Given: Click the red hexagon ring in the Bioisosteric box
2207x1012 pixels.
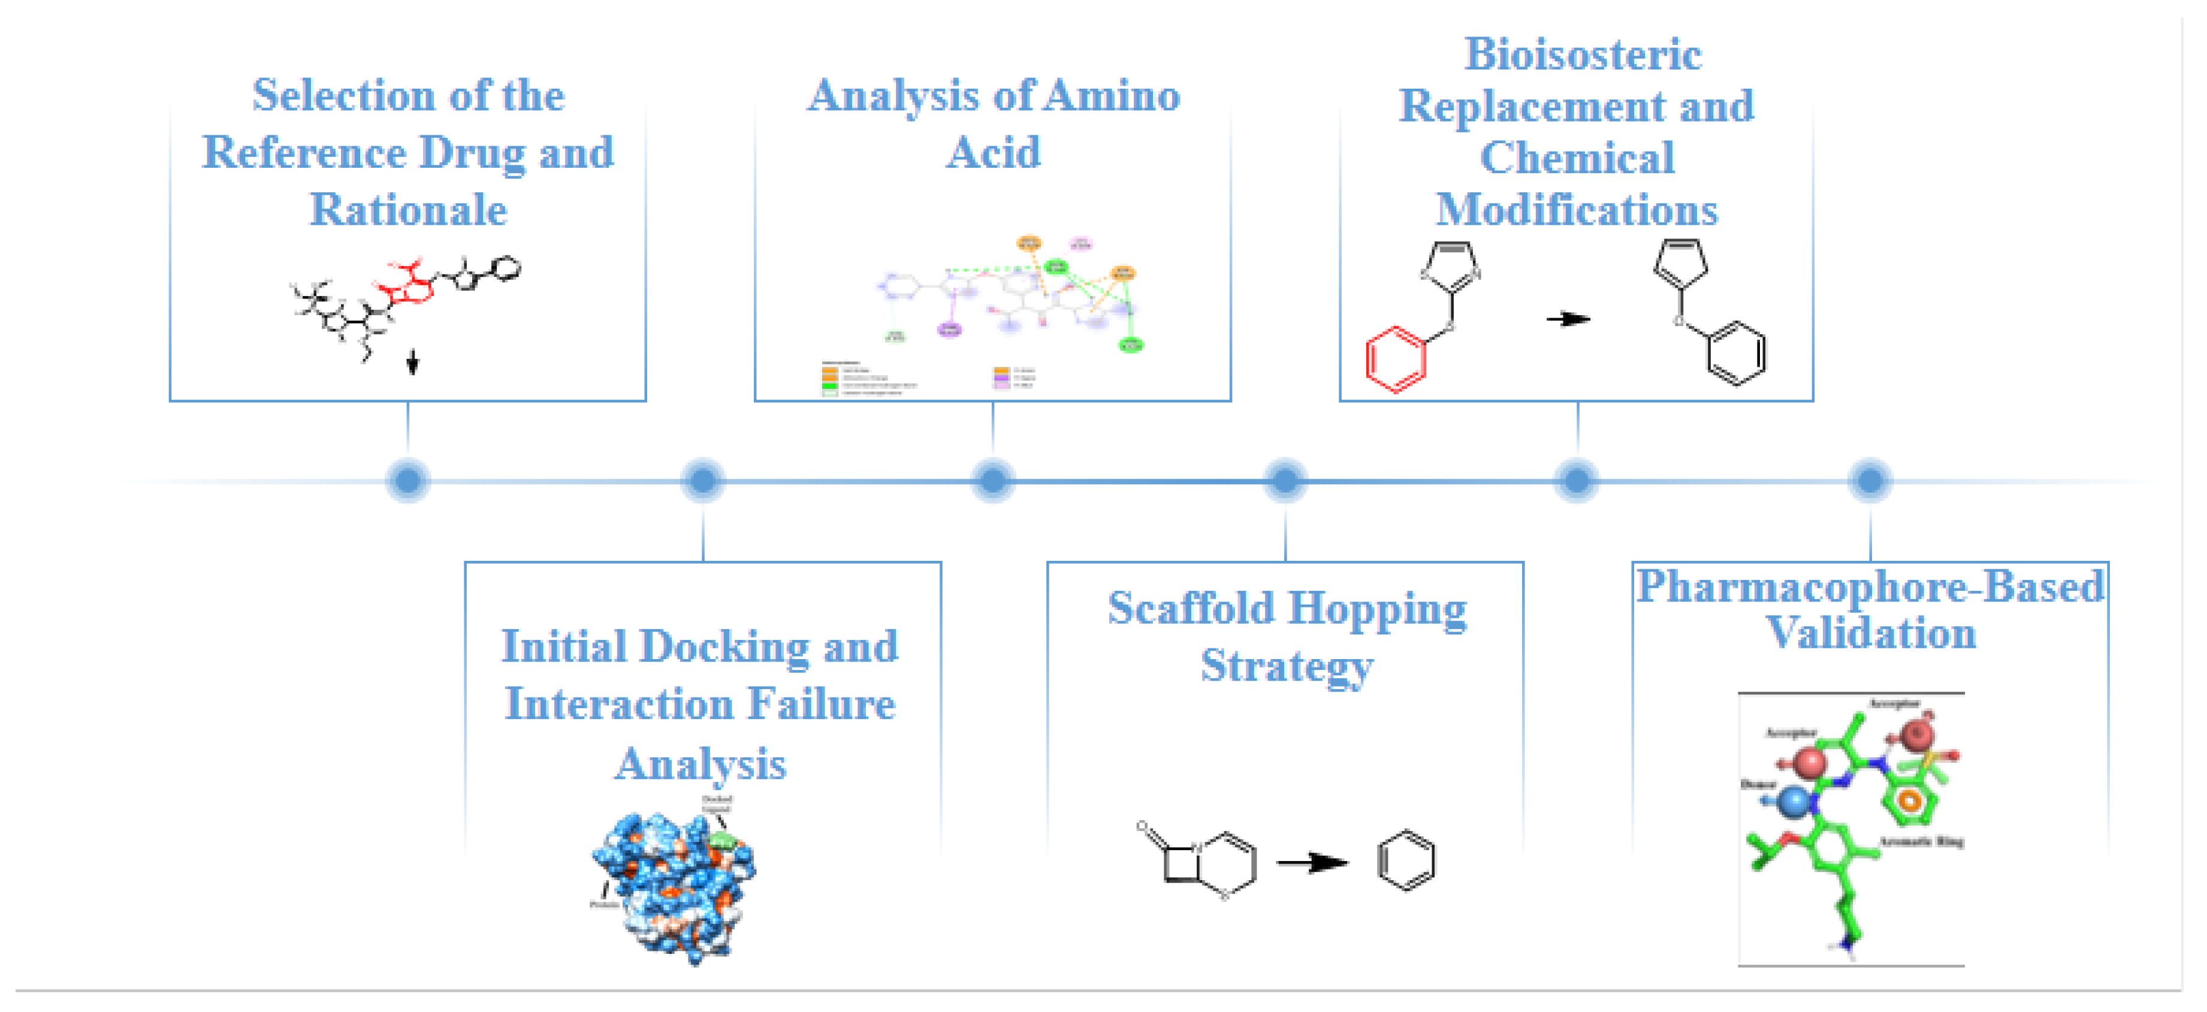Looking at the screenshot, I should (x=1396, y=358).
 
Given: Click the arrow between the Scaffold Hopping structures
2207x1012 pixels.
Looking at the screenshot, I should (x=1312, y=862).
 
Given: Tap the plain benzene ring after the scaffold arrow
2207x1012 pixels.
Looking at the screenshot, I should (x=1406, y=860).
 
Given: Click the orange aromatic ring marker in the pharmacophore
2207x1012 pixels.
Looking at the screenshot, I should (x=1910, y=801).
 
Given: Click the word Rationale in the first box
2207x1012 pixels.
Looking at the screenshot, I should (x=408, y=210).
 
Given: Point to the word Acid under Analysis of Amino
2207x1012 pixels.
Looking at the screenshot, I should (x=993, y=153).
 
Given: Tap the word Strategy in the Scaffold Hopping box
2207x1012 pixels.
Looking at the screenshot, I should (x=1286, y=665).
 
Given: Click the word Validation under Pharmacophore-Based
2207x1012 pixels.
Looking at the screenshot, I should (x=1871, y=633).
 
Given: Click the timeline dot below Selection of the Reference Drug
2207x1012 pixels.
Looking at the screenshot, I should (x=408, y=480).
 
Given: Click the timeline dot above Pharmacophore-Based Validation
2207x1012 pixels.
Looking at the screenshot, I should (x=1870, y=480).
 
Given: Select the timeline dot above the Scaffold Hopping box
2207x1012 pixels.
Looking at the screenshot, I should (x=1285, y=480).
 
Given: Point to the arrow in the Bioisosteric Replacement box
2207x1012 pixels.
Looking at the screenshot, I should (x=1568, y=319).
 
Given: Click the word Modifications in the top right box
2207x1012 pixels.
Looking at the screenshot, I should (x=1577, y=210).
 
